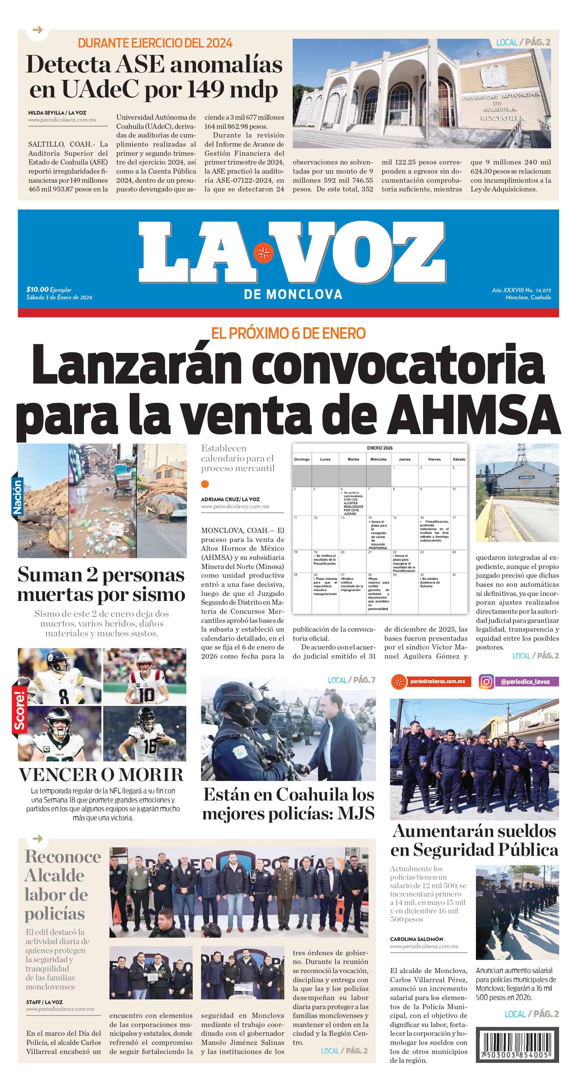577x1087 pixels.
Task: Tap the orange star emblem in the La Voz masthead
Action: click(264, 253)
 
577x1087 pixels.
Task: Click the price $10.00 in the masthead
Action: click(37, 290)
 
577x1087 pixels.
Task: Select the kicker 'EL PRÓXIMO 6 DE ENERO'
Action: click(288, 333)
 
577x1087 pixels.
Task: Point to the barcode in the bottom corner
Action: click(517, 1044)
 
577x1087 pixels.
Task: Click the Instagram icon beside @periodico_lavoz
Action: click(486, 682)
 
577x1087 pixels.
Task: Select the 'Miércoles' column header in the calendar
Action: click(378, 459)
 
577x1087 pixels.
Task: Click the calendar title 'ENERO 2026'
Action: click(380, 448)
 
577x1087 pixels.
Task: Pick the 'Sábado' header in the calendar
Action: click(459, 459)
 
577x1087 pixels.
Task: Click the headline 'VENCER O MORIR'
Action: click(101, 775)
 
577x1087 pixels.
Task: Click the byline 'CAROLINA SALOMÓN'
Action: click(416, 939)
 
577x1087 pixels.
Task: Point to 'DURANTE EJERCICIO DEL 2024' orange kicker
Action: click(155, 43)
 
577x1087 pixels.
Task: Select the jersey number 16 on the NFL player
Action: click(150, 746)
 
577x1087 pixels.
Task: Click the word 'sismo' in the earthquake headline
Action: click(159, 595)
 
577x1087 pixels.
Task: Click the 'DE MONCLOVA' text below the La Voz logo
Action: click(293, 294)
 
